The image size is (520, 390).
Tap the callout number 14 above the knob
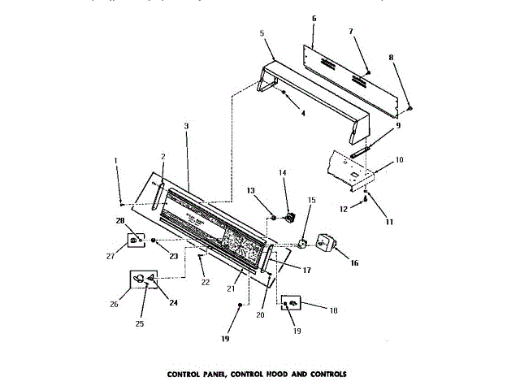point(283,172)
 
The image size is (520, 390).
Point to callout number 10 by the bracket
point(399,161)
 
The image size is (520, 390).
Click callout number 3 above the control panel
point(186,126)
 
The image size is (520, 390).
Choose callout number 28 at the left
point(119,221)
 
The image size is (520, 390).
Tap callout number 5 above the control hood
point(262,33)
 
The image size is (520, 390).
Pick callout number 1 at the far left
point(115,160)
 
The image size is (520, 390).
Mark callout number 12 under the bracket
point(343,210)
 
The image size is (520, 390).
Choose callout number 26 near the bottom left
point(113,305)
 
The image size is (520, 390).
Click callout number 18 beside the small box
point(334,310)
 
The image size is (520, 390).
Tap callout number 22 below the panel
point(206,282)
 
